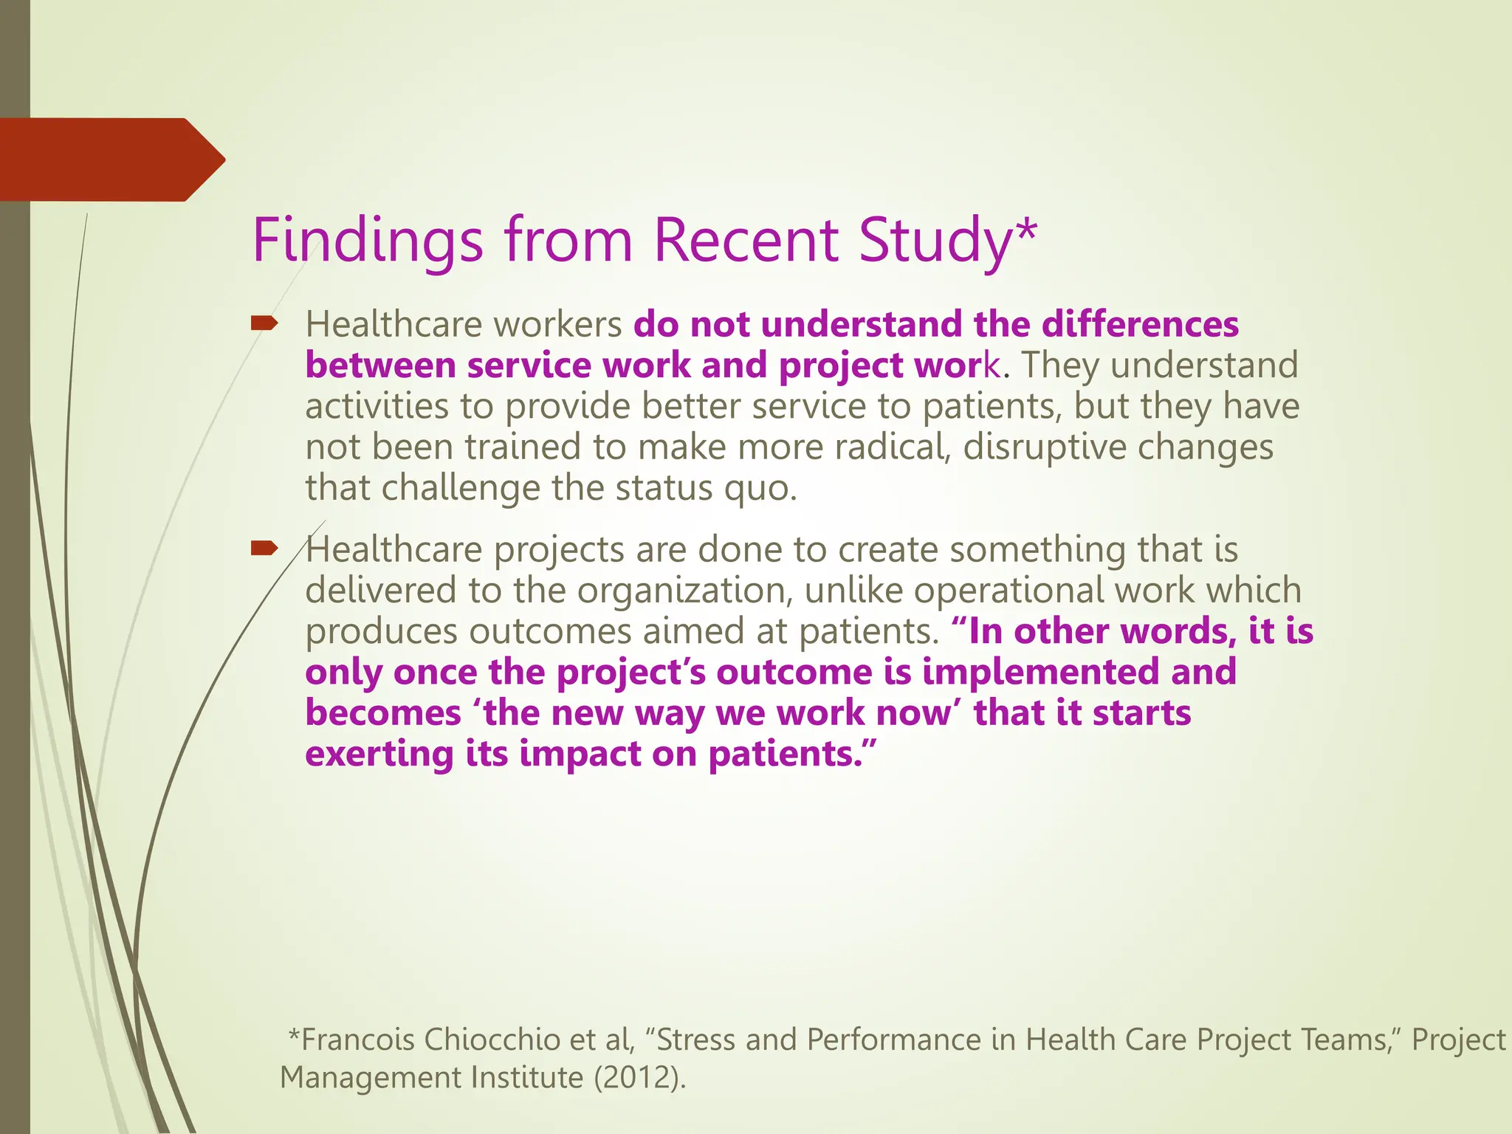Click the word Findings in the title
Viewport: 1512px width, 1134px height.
point(367,241)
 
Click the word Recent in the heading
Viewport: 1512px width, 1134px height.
point(746,241)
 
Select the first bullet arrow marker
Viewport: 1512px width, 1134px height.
point(264,323)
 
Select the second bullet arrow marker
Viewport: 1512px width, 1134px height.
point(264,548)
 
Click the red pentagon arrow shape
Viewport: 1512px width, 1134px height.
point(111,159)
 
